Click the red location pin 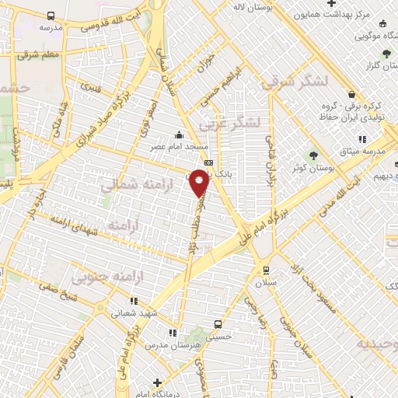tap(200, 183)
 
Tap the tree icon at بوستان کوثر tap(314, 154)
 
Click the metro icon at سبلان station tap(267, 271)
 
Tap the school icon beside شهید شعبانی tap(133, 301)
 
